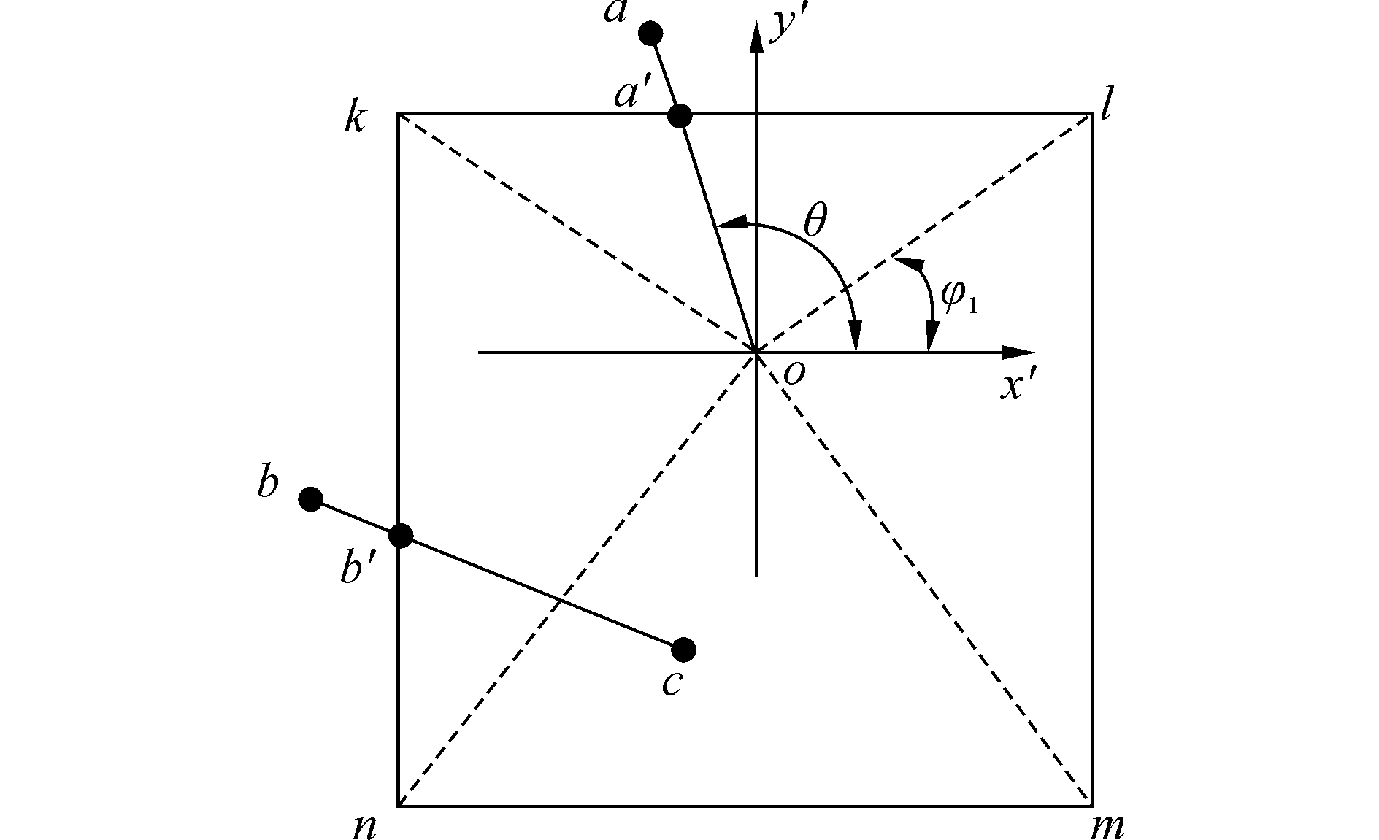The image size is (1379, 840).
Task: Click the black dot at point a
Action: pyautogui.click(x=650, y=33)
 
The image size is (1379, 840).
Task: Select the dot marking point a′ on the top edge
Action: pyautogui.click(x=680, y=115)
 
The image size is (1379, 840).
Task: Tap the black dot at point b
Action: pyautogui.click(x=311, y=499)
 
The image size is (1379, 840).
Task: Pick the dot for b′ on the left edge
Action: pyautogui.click(x=401, y=536)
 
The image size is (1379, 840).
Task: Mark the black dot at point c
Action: pyautogui.click(x=683, y=649)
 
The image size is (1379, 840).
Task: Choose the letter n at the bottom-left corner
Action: pyautogui.click(x=364, y=825)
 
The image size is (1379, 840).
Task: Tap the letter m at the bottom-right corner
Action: pyautogui.click(x=1107, y=826)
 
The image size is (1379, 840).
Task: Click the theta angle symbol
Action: pyautogui.click(x=815, y=220)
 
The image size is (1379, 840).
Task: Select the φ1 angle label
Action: pyautogui.click(x=957, y=296)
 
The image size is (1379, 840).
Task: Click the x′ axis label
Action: pyautogui.click(x=1019, y=385)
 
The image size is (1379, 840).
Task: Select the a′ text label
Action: pyautogui.click(x=632, y=93)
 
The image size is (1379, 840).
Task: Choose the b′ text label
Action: pyautogui.click(x=358, y=568)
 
